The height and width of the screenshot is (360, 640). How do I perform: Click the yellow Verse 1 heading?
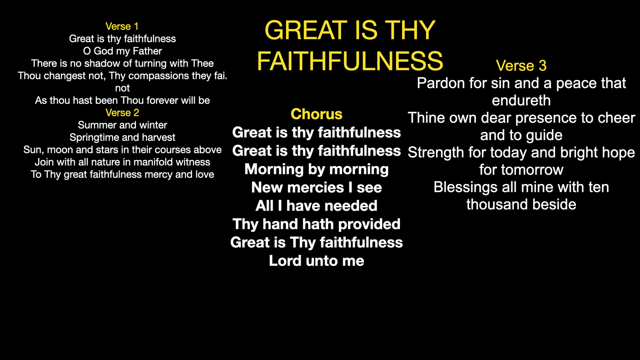pyautogui.click(x=122, y=26)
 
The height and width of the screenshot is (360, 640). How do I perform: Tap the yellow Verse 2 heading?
pyautogui.click(x=122, y=112)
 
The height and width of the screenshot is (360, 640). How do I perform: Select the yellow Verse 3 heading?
pyautogui.click(x=521, y=66)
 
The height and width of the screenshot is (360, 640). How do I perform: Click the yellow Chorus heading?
pyautogui.click(x=316, y=114)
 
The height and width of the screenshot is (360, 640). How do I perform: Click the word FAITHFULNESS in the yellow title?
pyautogui.click(x=350, y=61)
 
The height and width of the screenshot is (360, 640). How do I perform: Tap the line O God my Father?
pyautogui.click(x=122, y=51)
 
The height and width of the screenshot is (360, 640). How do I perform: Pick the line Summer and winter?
pyautogui.click(x=122, y=125)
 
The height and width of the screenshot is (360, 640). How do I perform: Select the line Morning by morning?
pyautogui.click(x=316, y=170)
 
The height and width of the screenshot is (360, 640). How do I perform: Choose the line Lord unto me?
pyautogui.click(x=316, y=261)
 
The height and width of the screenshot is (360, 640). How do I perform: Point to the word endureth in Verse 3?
pyautogui.click(x=521, y=100)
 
